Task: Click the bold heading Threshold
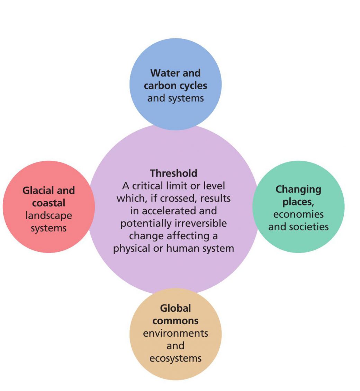[173, 173]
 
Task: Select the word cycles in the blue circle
[193, 86]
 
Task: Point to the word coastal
[48, 203]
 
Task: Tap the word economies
[298, 214]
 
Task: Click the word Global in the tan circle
[175, 308]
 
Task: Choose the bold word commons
[175, 321]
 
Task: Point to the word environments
[175, 334]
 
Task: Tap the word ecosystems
[175, 359]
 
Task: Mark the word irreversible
[201, 223]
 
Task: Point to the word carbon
[160, 86]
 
